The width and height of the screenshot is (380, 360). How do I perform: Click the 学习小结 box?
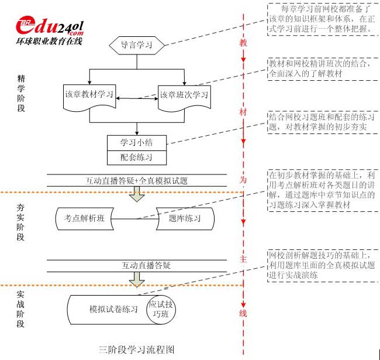tap(136, 142)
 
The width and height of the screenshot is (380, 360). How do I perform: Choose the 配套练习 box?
tap(136, 157)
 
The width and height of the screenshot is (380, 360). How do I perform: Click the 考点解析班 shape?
tap(84, 218)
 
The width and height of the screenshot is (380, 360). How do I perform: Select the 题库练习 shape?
tap(185, 218)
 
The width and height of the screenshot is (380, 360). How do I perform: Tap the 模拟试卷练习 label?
tap(113, 309)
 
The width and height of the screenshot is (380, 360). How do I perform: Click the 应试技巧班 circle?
tap(161, 309)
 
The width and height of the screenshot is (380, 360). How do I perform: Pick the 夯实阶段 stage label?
tap(22, 221)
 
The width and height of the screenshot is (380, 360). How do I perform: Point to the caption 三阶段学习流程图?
tap(137, 349)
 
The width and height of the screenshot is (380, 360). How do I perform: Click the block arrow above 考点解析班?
tap(136, 196)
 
